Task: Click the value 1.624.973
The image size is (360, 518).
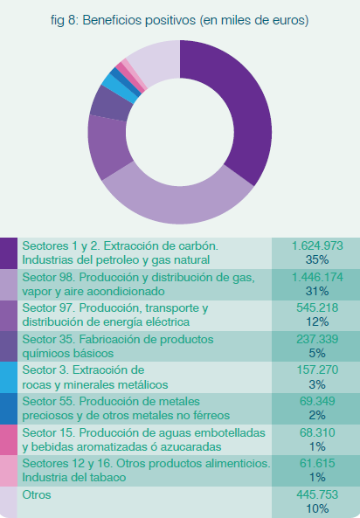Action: [317, 245]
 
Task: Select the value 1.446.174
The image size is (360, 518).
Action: [317, 277]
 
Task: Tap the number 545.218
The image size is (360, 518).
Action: [317, 307]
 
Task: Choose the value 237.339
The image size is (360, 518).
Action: [317, 339]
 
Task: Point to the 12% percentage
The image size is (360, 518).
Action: [317, 321]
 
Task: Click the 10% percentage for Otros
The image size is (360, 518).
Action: [317, 508]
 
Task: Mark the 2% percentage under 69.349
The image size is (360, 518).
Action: [317, 415]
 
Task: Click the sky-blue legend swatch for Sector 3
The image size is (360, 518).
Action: [9, 377]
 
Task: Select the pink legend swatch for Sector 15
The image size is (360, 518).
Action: [9, 439]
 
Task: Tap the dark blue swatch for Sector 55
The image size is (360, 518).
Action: [9, 409]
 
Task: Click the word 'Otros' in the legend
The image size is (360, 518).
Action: [37, 495]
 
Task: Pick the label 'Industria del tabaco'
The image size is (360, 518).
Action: [74, 478]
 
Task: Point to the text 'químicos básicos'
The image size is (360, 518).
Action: [68, 354]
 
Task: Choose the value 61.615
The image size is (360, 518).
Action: [317, 464]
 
